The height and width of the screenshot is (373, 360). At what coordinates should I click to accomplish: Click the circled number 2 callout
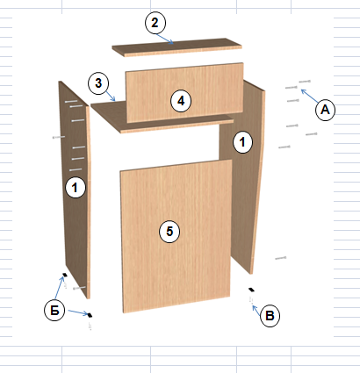click(155, 23)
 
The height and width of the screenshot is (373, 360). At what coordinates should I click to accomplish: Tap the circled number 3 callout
click(98, 83)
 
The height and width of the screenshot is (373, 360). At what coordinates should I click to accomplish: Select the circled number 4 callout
click(181, 101)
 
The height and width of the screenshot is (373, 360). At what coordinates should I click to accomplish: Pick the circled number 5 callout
click(169, 232)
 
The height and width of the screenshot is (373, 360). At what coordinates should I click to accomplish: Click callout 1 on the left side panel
click(76, 188)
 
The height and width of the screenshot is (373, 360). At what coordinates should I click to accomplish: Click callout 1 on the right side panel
click(242, 142)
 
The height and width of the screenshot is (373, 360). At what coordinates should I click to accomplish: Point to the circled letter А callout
click(325, 110)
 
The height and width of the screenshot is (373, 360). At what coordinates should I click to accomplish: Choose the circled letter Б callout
click(54, 311)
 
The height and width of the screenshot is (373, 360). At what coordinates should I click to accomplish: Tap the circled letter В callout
click(270, 316)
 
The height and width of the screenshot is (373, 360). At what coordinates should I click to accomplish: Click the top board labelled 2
click(176, 47)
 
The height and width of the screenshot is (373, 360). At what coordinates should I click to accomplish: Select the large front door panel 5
click(176, 236)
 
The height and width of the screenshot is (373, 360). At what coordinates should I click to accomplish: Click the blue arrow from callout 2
click(165, 39)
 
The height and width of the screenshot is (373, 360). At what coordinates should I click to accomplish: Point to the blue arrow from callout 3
click(111, 97)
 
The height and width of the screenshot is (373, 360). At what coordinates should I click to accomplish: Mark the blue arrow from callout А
click(310, 97)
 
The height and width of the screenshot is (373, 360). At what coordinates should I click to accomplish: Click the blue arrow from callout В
click(256, 311)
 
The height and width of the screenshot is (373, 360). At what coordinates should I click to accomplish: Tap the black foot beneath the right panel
click(251, 290)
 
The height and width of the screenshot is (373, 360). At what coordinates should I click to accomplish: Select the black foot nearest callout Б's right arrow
click(90, 315)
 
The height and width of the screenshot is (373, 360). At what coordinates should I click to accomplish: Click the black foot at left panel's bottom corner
click(65, 275)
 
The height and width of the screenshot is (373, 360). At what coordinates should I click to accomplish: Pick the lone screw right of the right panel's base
click(280, 258)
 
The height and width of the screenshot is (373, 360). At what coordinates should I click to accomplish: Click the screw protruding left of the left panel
click(59, 137)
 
